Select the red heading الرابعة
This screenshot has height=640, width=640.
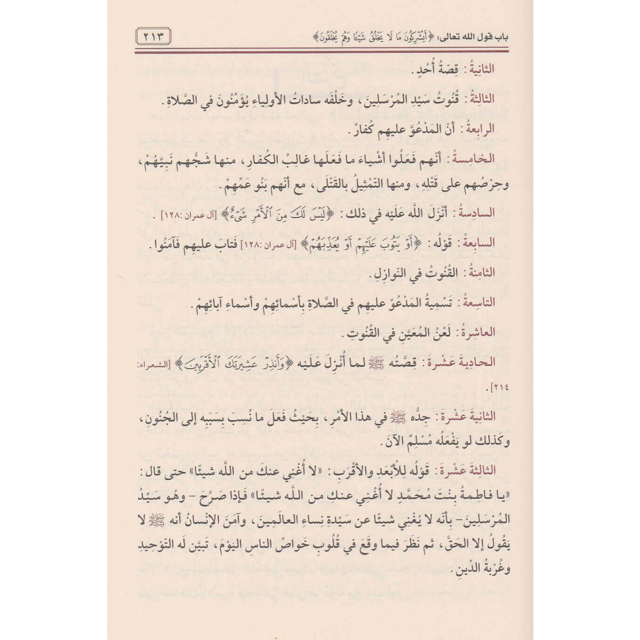coord(478,129)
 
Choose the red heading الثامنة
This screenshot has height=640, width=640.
coord(478,273)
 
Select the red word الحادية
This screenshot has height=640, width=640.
coord(477,362)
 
